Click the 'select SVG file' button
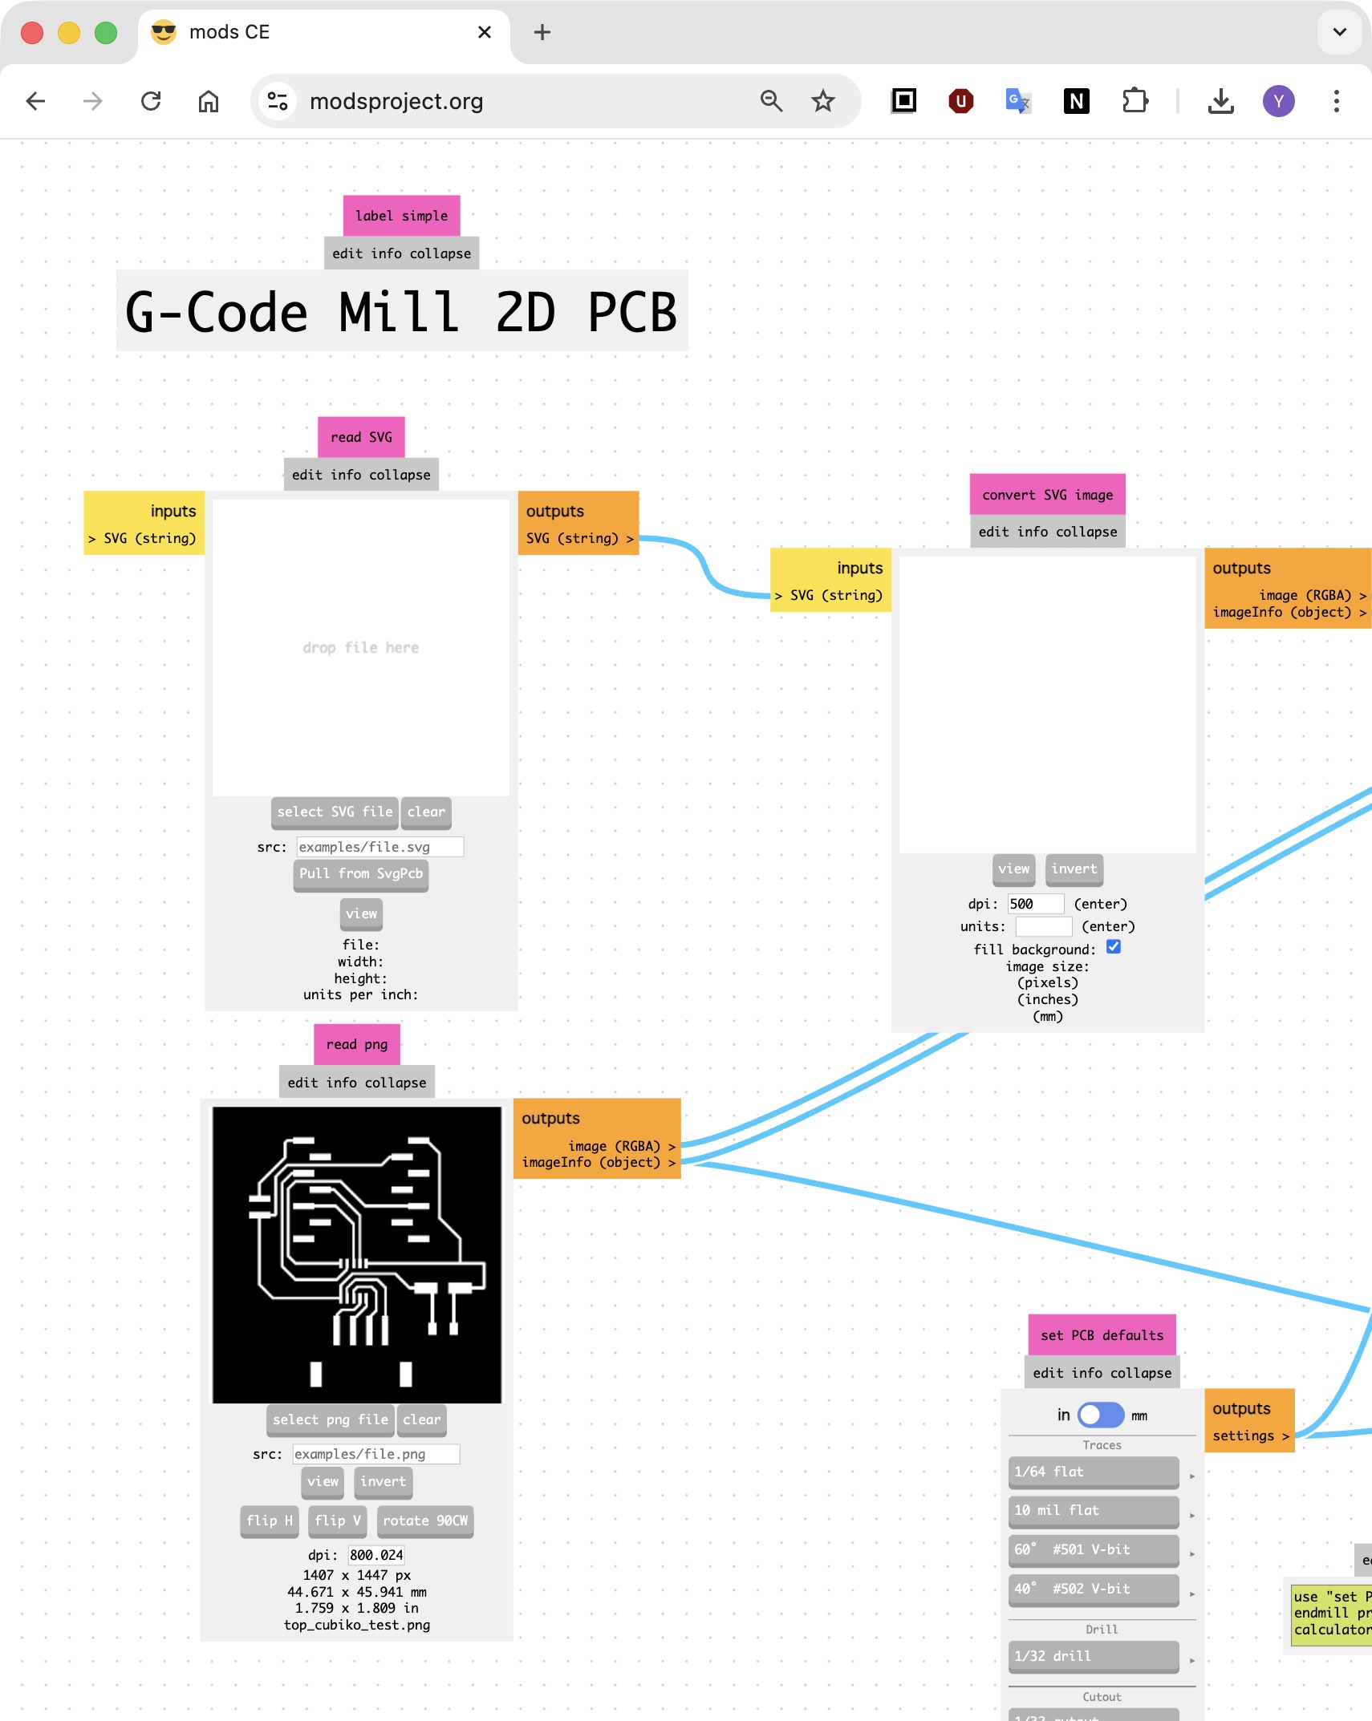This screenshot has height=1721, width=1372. [x=335, y=812]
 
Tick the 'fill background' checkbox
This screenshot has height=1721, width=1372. [x=1114, y=947]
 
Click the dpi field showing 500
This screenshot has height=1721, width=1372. [x=1035, y=904]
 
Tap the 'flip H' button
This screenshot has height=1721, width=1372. [x=270, y=1521]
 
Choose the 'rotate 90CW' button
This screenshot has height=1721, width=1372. [x=425, y=1521]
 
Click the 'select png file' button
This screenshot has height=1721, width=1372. [x=330, y=1419]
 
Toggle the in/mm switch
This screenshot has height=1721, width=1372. [x=1100, y=1415]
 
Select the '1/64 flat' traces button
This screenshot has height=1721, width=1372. [x=1093, y=1472]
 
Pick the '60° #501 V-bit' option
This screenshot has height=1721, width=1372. [x=1093, y=1549]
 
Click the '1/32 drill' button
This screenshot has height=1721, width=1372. [x=1093, y=1656]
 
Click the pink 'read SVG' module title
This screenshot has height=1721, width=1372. [x=361, y=437]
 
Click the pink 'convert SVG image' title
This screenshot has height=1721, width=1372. [x=1047, y=495]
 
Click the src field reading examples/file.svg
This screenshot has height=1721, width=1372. [x=380, y=847]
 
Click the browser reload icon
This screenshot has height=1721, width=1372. [x=151, y=101]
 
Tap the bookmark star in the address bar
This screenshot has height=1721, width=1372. [x=822, y=101]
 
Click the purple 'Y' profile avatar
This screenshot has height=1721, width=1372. [x=1278, y=101]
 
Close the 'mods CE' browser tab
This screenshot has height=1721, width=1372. [x=485, y=32]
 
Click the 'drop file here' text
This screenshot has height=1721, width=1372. [x=361, y=647]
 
